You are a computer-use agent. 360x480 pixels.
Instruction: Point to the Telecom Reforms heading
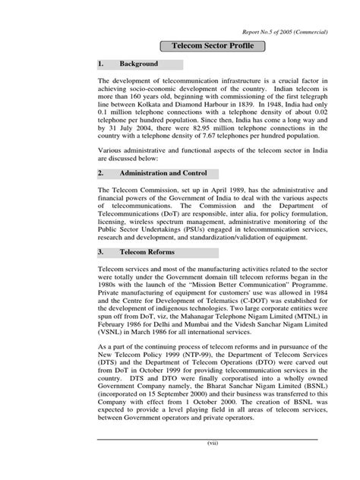[x=147, y=251]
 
